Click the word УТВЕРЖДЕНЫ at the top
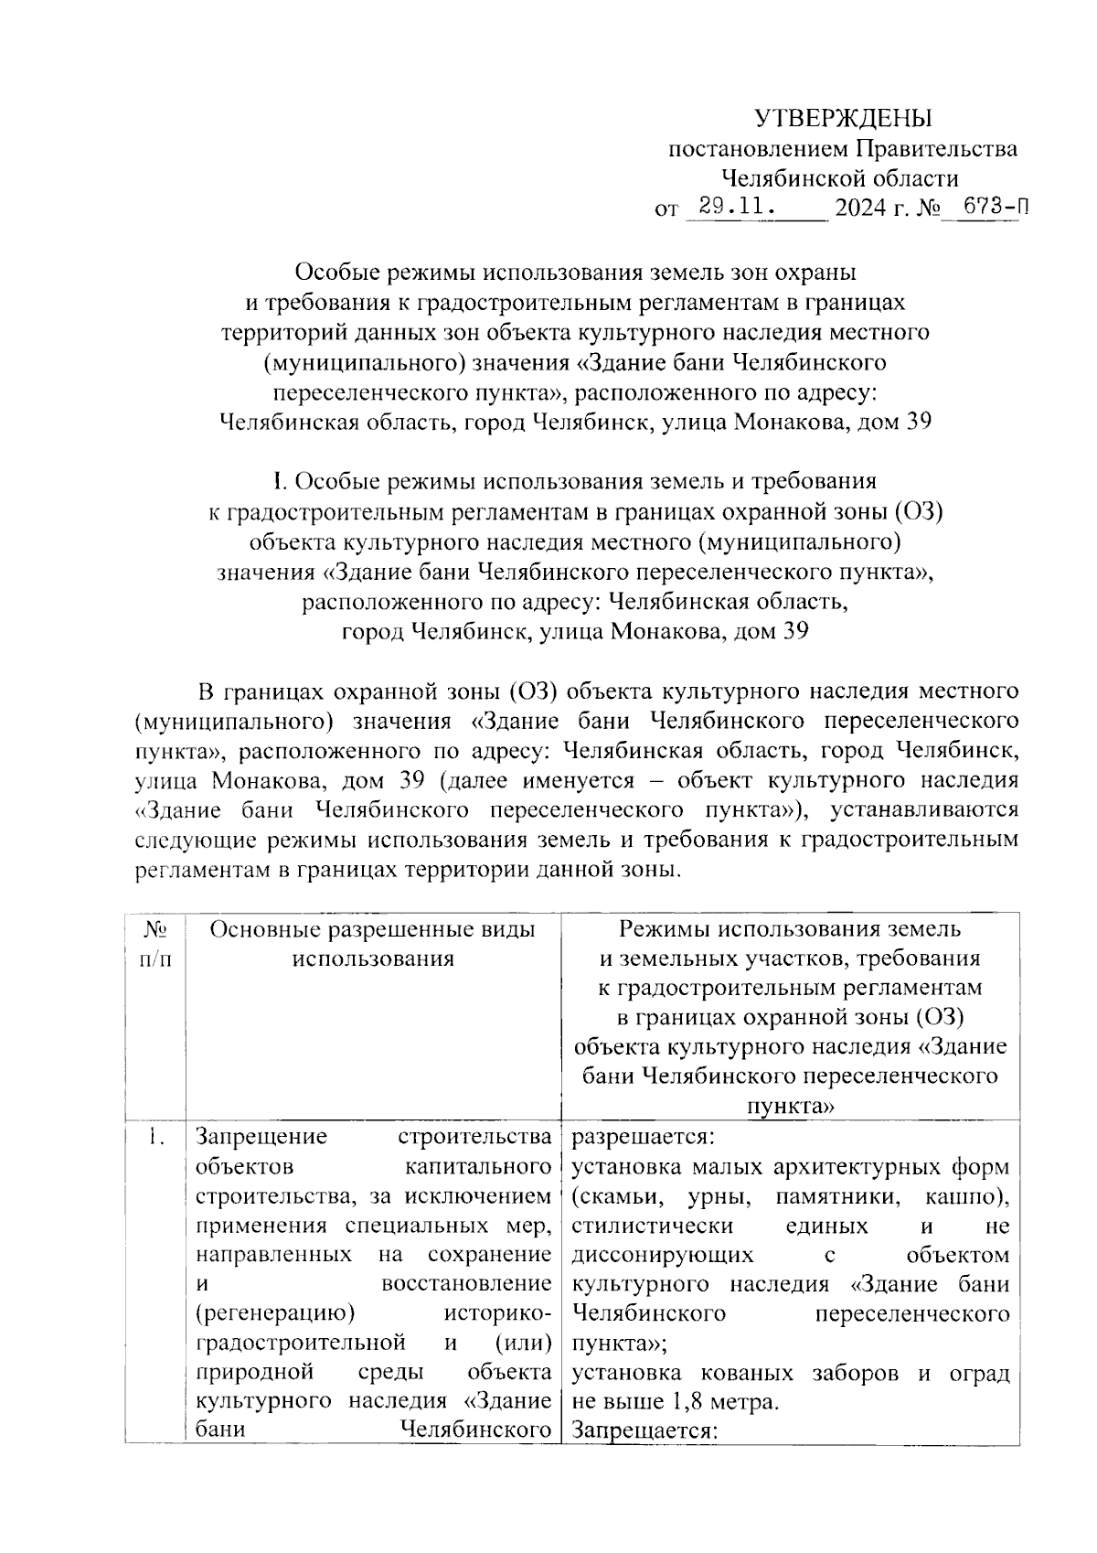[x=842, y=119]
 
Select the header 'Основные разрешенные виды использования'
[x=373, y=944]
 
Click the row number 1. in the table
[x=155, y=1138]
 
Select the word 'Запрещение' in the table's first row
[x=261, y=1138]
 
